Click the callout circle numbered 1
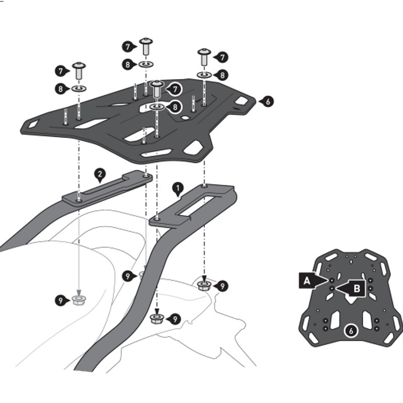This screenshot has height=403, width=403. (177, 189)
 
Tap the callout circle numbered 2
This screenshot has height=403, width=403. (100, 175)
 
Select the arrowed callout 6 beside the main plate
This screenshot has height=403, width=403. (267, 101)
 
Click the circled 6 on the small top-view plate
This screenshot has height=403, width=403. (351, 331)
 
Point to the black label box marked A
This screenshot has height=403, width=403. (306, 280)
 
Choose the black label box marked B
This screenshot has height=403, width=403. (356, 288)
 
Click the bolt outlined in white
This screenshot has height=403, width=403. (157, 89)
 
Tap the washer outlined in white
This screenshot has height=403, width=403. (157, 107)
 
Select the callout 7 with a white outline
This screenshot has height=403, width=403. (175, 89)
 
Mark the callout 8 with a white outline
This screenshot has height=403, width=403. (175, 107)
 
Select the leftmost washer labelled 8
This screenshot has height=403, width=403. (79, 89)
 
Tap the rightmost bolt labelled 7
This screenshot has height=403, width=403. (204, 56)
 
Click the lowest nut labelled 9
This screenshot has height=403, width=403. (157, 318)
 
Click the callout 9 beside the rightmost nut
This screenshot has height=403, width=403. (222, 286)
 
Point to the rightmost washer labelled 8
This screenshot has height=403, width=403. (204, 75)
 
